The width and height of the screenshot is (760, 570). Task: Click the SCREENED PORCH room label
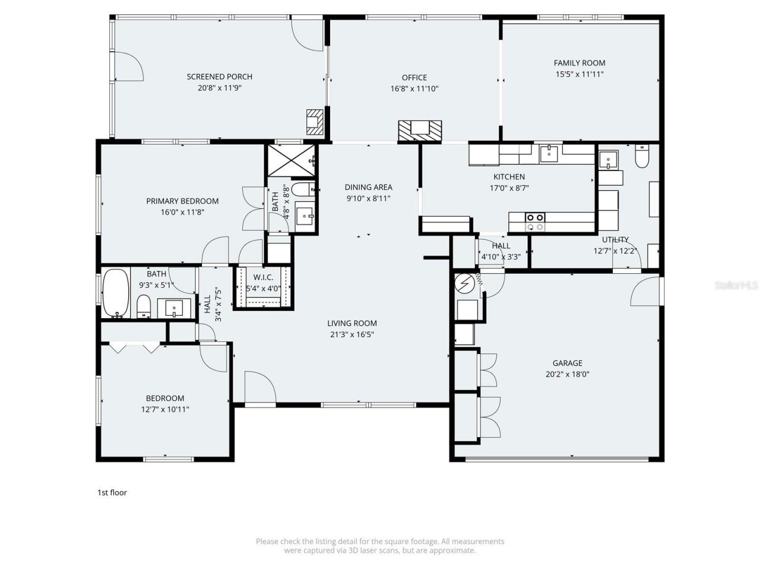point(219,77)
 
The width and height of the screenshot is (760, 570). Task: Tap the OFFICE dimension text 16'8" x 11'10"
point(414,89)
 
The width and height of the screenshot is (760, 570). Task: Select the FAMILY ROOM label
point(579,63)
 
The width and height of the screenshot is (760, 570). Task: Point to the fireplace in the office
point(420,129)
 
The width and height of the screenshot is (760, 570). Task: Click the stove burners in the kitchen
point(535,221)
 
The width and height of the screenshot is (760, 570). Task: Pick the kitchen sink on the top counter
point(549,153)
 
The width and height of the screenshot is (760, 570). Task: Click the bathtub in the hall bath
point(116,293)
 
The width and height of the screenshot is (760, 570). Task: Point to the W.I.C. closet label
point(263,277)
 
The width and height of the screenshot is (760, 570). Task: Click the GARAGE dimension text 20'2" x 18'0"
point(568,375)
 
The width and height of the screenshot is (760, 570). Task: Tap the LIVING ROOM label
point(352,324)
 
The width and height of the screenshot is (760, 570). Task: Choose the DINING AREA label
point(368,188)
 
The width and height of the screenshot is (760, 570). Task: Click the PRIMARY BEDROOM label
point(182,201)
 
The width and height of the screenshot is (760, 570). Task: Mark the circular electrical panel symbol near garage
point(465,284)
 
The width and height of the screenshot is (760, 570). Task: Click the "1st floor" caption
point(112,492)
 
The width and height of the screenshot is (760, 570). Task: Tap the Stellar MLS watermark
point(736,286)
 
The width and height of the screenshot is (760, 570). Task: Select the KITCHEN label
point(509,177)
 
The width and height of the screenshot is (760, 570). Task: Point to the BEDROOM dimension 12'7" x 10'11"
point(165,409)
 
